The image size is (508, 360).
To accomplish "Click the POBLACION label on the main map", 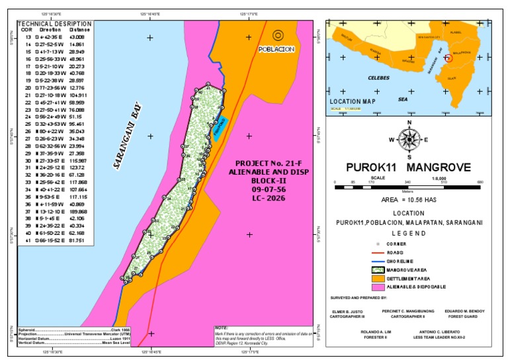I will pos(276,49).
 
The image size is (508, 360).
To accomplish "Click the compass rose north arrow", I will pos(410,138).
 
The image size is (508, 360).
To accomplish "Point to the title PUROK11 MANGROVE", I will pos(410,167).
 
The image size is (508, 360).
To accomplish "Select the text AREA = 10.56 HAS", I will pos(410,199).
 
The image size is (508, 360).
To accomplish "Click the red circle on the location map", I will pos(449,58).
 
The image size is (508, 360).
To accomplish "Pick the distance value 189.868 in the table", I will pos(79,211).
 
